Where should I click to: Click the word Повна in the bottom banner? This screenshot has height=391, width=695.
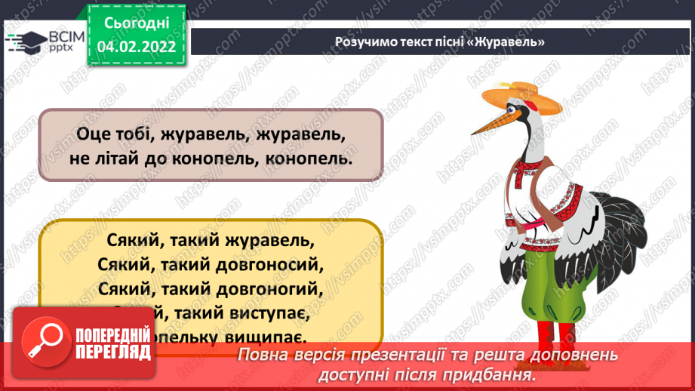coord(265,356)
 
